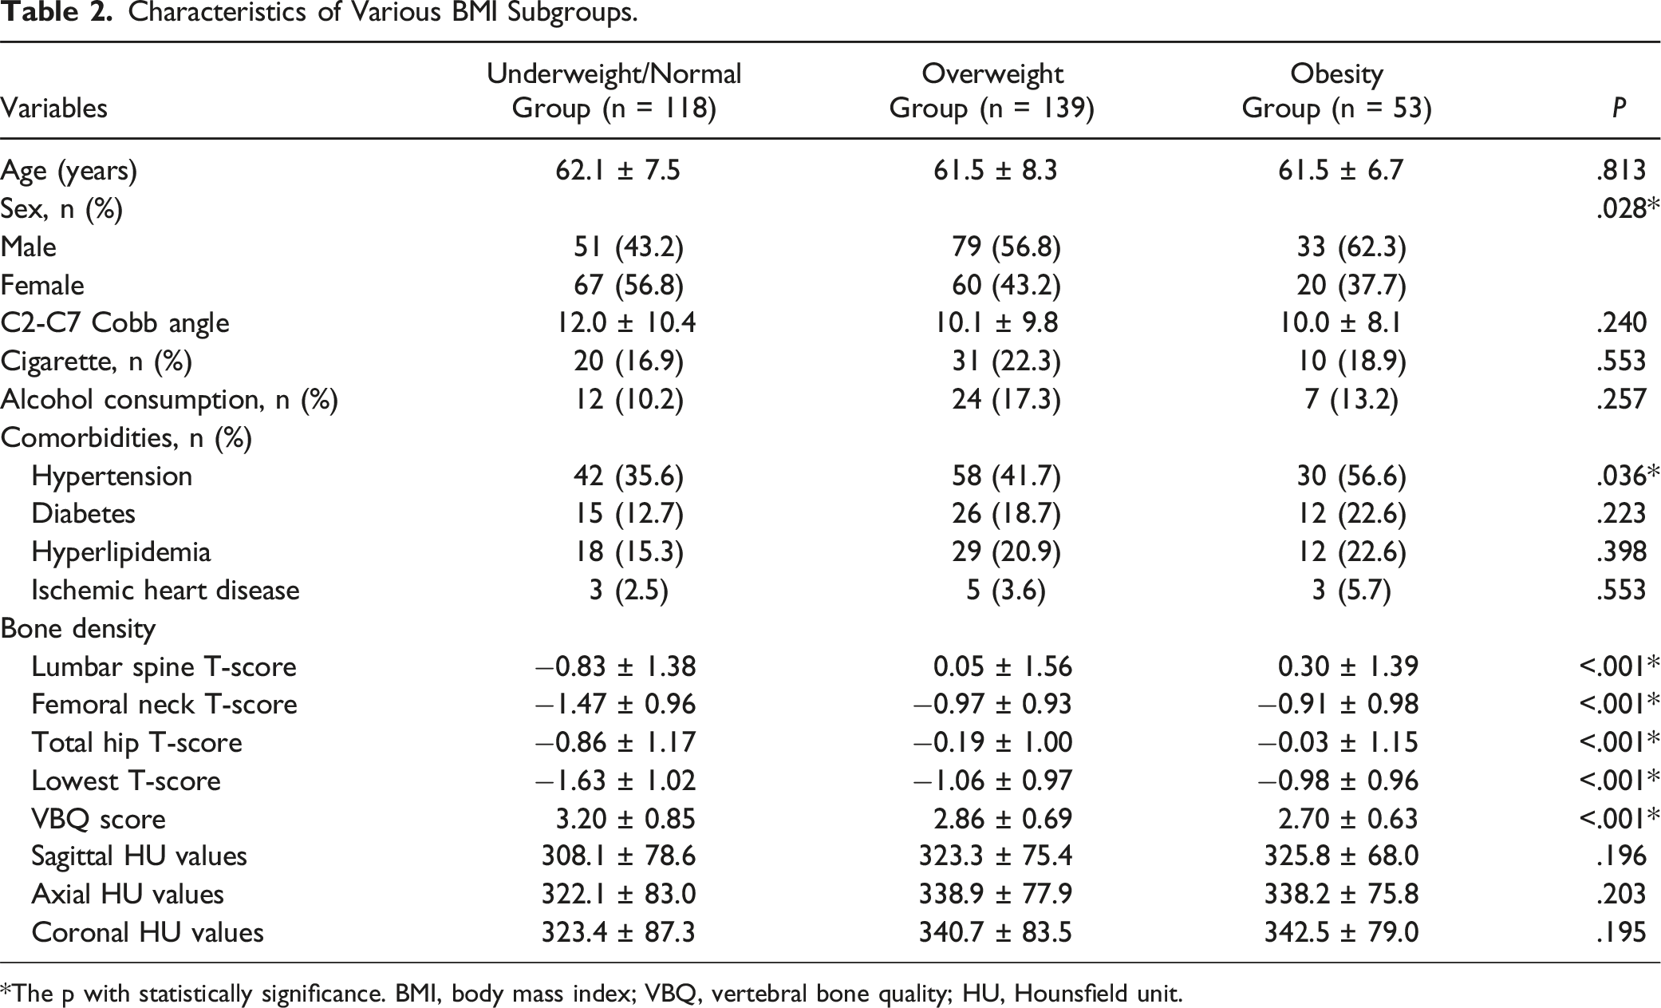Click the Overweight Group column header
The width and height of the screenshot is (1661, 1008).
pos(992,90)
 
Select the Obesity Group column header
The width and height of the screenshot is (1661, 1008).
pos(1336,90)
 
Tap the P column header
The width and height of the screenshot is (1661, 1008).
pos(1618,108)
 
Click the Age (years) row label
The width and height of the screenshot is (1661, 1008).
pos(69,171)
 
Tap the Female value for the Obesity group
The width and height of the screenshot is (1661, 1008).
pos(1351,286)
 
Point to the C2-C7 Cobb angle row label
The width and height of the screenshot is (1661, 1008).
pos(115,323)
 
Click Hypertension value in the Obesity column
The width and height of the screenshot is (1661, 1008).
pos(1351,476)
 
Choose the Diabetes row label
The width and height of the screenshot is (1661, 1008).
pos(83,513)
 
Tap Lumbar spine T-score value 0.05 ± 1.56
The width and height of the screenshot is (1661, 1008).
pos(1003,666)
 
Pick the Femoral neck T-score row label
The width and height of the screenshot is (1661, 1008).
pos(164,704)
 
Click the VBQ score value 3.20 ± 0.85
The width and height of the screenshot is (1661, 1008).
pos(625,818)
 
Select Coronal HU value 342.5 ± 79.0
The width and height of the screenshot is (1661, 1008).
pos(1341,932)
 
